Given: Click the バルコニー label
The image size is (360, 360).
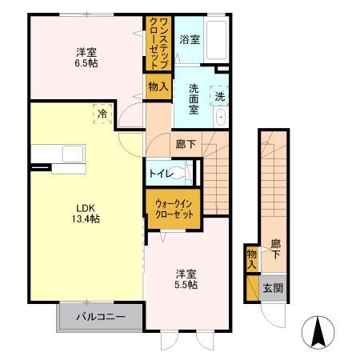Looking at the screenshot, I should [100, 317].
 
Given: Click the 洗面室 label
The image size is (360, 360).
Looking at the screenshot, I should [194, 99].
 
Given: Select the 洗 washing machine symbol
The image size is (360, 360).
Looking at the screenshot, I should [221, 97].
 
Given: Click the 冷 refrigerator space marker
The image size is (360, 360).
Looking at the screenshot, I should [102, 114].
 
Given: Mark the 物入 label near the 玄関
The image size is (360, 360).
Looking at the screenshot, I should [251, 258].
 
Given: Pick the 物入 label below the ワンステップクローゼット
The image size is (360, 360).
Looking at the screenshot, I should [158, 85].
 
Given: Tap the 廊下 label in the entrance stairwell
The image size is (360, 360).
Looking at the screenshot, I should [275, 248].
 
